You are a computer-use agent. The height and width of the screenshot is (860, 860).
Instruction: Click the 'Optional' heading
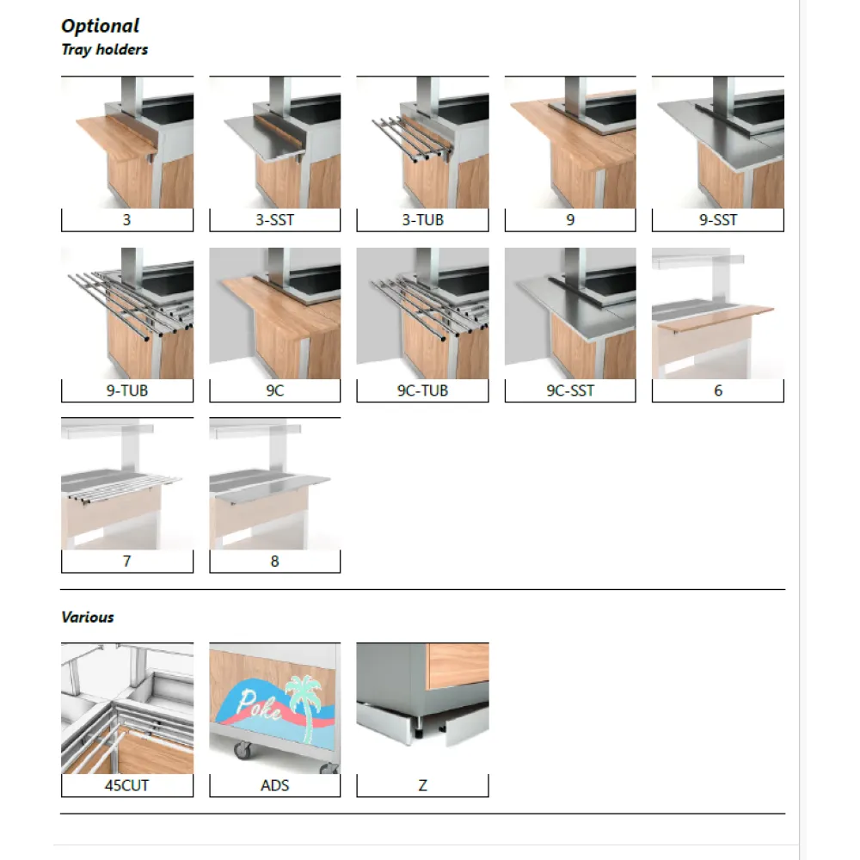(x=100, y=27)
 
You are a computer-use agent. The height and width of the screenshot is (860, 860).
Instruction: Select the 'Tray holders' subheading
(x=104, y=50)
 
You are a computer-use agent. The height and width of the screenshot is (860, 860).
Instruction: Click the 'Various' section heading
(x=88, y=617)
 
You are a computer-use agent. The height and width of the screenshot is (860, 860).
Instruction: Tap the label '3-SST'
(x=274, y=220)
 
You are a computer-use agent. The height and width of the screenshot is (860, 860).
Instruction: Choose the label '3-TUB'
(x=422, y=220)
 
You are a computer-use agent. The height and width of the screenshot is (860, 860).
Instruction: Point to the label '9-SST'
(x=717, y=220)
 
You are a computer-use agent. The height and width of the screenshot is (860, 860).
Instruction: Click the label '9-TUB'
(x=127, y=390)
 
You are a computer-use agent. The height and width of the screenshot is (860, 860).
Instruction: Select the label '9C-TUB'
(x=422, y=390)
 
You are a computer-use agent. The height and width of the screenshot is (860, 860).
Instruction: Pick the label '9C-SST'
(x=570, y=390)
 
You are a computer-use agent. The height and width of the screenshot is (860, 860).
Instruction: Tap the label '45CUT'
(x=127, y=785)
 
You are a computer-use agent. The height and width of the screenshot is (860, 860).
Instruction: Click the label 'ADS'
(x=274, y=785)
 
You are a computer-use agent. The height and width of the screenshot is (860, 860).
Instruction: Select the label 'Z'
(x=422, y=785)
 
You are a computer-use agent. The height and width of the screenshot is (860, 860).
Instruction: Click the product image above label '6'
(x=717, y=314)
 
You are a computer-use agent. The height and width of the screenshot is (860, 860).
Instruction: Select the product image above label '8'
(x=274, y=483)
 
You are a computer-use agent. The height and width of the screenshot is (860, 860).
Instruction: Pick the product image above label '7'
(x=127, y=483)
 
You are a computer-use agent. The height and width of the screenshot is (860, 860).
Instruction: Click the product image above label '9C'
(x=274, y=314)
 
